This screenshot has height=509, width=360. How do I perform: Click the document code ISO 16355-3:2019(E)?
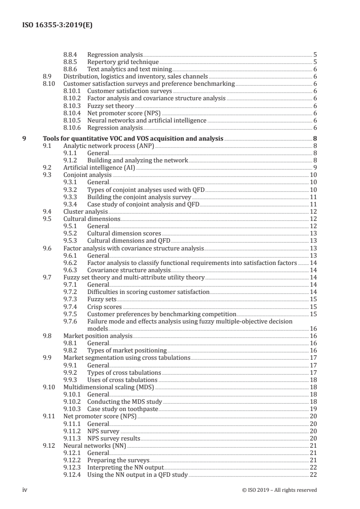point(57,25)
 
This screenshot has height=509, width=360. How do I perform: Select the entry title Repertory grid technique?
point(123,62)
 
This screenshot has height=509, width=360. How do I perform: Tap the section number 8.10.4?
point(72,113)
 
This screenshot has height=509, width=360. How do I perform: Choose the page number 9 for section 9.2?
point(315,168)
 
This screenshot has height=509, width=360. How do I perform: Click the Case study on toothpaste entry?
point(123,408)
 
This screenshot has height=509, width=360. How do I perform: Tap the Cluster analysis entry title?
point(85,211)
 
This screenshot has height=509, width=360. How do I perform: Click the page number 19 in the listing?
point(313,408)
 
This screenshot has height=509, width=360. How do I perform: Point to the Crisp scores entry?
point(104,307)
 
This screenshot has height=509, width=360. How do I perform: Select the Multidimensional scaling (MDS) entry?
point(108,387)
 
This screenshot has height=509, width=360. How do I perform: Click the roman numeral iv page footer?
point(25,489)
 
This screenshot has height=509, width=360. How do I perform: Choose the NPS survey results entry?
point(113,438)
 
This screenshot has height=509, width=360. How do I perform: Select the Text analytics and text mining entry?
point(129,69)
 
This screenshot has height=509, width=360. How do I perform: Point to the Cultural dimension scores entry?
point(124,233)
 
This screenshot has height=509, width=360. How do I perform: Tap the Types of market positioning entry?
point(127,350)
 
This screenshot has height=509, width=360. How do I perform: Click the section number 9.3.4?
point(72,204)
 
